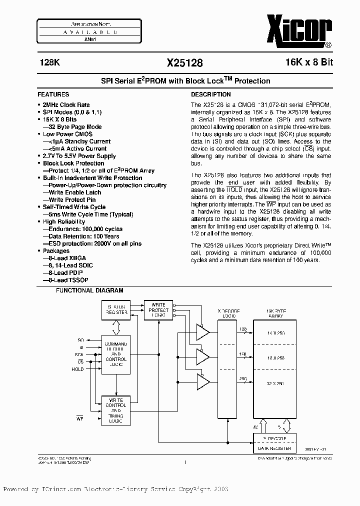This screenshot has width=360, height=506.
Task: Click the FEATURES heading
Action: coord(53,94)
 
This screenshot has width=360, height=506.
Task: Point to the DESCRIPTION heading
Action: coord(211,94)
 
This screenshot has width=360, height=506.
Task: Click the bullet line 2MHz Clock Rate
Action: coord(66,105)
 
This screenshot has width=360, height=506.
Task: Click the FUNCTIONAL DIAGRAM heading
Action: coord(89,290)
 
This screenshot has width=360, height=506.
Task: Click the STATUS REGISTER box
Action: coord(116,309)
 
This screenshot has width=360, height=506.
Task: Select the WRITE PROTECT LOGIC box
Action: coord(158,310)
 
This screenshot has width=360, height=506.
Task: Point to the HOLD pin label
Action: coord(77,369)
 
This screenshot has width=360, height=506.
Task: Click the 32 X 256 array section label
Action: coord(276,384)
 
